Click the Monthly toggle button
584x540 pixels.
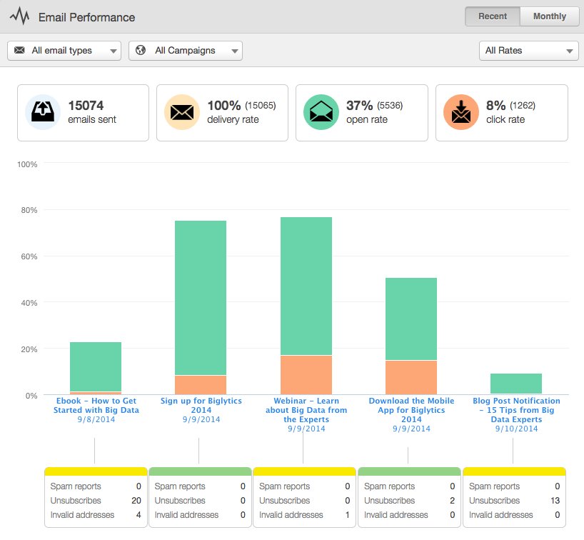549,16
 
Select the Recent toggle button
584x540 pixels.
492,16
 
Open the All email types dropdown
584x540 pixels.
64,51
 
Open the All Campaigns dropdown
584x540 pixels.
186,51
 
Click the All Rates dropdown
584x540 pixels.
528,51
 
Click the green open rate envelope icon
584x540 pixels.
321,112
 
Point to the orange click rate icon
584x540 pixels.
460,112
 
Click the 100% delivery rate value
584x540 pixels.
223,106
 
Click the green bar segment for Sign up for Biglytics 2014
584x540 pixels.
201,297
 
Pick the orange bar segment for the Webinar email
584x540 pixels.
306,374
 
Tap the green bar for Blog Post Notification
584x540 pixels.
516,384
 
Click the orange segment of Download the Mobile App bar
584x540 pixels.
411,377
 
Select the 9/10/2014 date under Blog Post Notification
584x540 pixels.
516,429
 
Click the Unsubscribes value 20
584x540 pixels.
136,501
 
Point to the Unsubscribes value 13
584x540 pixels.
555,501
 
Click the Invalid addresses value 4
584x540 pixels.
139,515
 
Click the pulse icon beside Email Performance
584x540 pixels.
20,16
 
